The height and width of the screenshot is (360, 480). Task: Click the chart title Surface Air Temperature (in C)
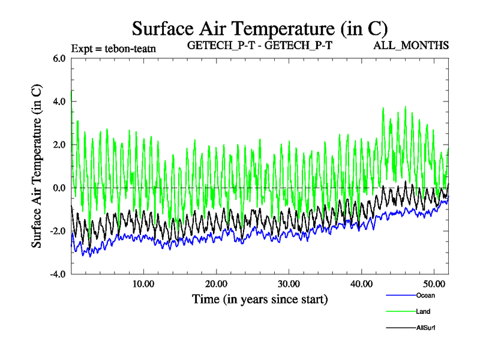tap(260, 28)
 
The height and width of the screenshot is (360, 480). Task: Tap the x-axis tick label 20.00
tap(216, 283)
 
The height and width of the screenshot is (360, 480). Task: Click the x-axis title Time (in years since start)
tap(260, 298)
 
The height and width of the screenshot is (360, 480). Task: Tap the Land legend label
tap(423, 311)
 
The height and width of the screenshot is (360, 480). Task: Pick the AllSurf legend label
tap(425, 328)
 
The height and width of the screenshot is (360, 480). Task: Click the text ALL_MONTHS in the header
tap(411, 46)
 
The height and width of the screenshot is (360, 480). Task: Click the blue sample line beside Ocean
tap(400, 295)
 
